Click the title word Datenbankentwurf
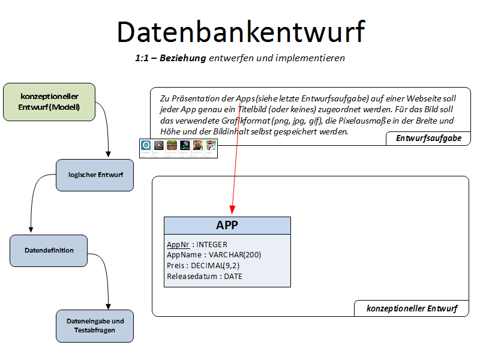240,31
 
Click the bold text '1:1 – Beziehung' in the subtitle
170,58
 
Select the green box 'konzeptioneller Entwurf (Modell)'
49,102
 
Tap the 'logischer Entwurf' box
95,175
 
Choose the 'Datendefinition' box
49,250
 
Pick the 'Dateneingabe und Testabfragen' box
95,326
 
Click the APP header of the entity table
227,225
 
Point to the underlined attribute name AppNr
178,245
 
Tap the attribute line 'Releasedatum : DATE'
205,277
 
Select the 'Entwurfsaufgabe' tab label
428,139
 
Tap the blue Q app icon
145,145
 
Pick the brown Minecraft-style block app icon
172,145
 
